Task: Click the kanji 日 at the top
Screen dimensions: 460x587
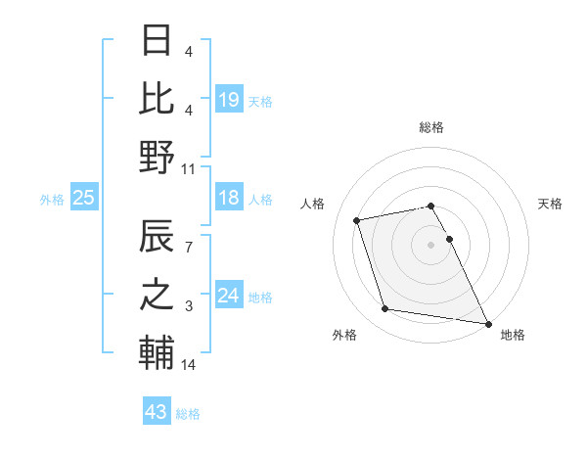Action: pyautogui.click(x=157, y=41)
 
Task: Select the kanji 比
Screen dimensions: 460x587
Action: pyautogui.click(x=157, y=98)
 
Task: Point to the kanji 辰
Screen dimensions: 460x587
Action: pyautogui.click(x=157, y=238)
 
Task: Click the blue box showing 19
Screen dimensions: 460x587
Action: pyautogui.click(x=228, y=99)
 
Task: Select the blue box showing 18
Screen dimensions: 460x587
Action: pyautogui.click(x=228, y=198)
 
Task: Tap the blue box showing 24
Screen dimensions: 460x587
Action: pyautogui.click(x=228, y=296)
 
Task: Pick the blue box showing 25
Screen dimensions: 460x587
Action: pyautogui.click(x=84, y=198)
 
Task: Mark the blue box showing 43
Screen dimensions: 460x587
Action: pyautogui.click(x=157, y=412)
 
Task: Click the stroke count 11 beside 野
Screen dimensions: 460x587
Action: pyautogui.click(x=189, y=168)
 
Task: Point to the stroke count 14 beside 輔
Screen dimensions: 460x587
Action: pyautogui.click(x=189, y=365)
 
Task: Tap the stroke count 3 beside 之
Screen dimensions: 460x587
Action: pyautogui.click(x=189, y=307)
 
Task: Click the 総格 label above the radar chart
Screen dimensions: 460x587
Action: pyautogui.click(x=431, y=127)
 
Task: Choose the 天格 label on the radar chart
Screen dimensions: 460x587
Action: pyautogui.click(x=551, y=204)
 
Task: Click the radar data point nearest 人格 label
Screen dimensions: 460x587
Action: pyautogui.click(x=357, y=219)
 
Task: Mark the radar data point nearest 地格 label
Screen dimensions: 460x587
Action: pyautogui.click(x=488, y=323)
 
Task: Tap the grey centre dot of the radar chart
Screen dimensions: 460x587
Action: pyautogui.click(x=431, y=244)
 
